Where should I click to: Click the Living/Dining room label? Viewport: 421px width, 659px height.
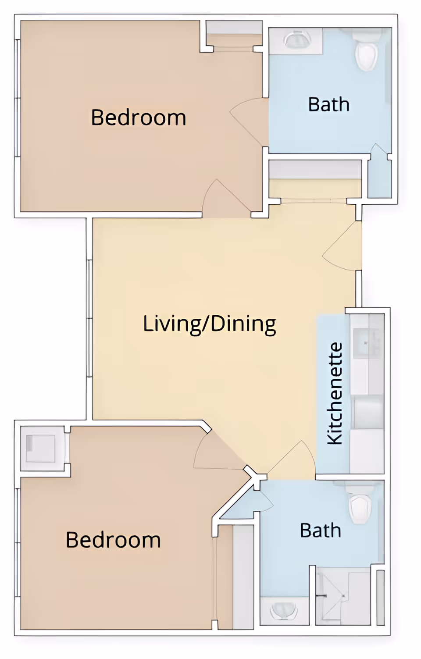210,324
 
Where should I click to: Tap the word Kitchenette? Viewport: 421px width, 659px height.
335,393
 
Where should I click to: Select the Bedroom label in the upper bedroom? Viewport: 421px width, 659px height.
138,118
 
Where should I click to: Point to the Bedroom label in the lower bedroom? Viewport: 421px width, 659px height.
113,540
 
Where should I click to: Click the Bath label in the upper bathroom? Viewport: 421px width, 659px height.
328,104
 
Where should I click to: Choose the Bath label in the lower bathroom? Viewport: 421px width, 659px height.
320,531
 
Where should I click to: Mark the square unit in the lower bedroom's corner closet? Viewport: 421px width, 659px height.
41,448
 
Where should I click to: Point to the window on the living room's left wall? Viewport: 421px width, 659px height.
89,318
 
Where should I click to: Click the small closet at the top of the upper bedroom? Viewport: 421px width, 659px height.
234,33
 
